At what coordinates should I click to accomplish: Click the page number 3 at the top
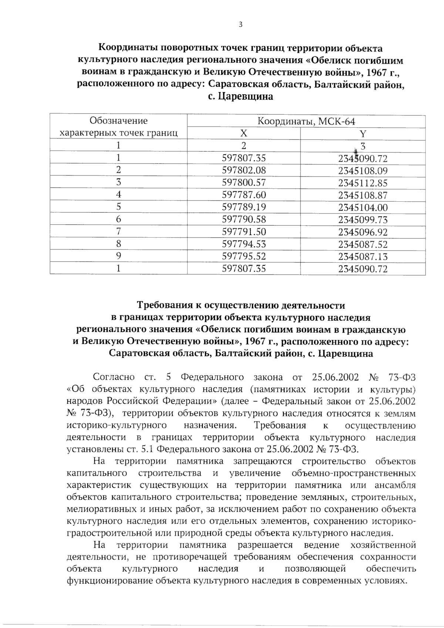[x=240, y=25]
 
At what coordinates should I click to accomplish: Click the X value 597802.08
[x=243, y=171]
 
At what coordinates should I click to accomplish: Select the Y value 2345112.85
[x=363, y=183]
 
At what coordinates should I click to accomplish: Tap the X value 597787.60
[x=243, y=195]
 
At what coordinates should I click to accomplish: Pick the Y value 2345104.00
[x=363, y=208]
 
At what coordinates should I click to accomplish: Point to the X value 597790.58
[x=243, y=219]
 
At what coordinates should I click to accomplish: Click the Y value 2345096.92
[x=363, y=232]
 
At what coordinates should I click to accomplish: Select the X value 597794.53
[x=243, y=244]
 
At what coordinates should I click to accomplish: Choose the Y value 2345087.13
[x=363, y=256]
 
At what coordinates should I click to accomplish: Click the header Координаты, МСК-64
[x=306, y=121]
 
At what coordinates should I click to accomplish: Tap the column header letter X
[x=243, y=134]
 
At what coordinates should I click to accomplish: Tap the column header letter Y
[x=363, y=134]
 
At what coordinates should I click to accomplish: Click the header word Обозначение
[x=118, y=121]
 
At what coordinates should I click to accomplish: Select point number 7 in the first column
[x=118, y=231]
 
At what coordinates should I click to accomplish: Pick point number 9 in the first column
[x=118, y=256]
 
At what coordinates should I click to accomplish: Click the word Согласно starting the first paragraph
[x=114, y=377]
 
